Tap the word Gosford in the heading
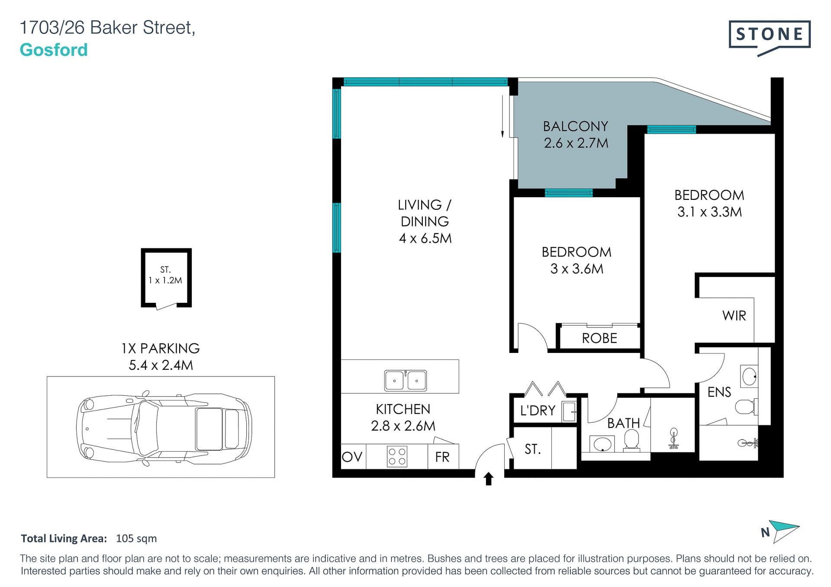coord(54,50)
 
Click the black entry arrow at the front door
coord(489,478)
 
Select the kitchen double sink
coord(406,380)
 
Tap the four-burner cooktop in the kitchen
coord(397,457)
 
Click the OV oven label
coord(352,457)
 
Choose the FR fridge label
coord(442,457)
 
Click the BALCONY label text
coord(576,126)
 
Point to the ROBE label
coord(599,338)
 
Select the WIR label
coord(734,316)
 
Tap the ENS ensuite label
coord(719,392)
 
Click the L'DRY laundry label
coord(538,410)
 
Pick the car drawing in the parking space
coord(164,427)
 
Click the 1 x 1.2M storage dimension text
coord(165,280)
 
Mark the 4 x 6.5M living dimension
coord(425,238)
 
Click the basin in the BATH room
coord(602,444)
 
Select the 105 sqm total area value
coord(136,539)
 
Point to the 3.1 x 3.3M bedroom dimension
coord(709,212)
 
